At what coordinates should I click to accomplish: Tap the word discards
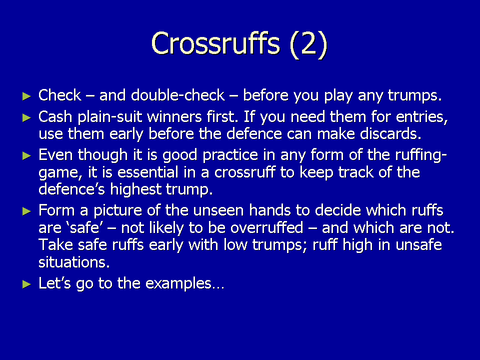click(390, 134)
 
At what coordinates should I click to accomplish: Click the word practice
click(230, 155)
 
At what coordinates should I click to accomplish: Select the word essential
click(148, 172)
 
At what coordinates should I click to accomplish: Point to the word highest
click(135, 189)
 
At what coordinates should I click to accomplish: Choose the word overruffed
click(266, 227)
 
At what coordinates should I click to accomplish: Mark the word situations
click(74, 262)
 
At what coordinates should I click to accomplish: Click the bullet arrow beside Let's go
click(27, 284)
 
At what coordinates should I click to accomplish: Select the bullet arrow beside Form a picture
click(27, 211)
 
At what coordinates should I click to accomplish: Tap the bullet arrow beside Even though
click(27, 156)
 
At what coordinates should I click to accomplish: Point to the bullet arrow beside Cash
click(27, 117)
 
